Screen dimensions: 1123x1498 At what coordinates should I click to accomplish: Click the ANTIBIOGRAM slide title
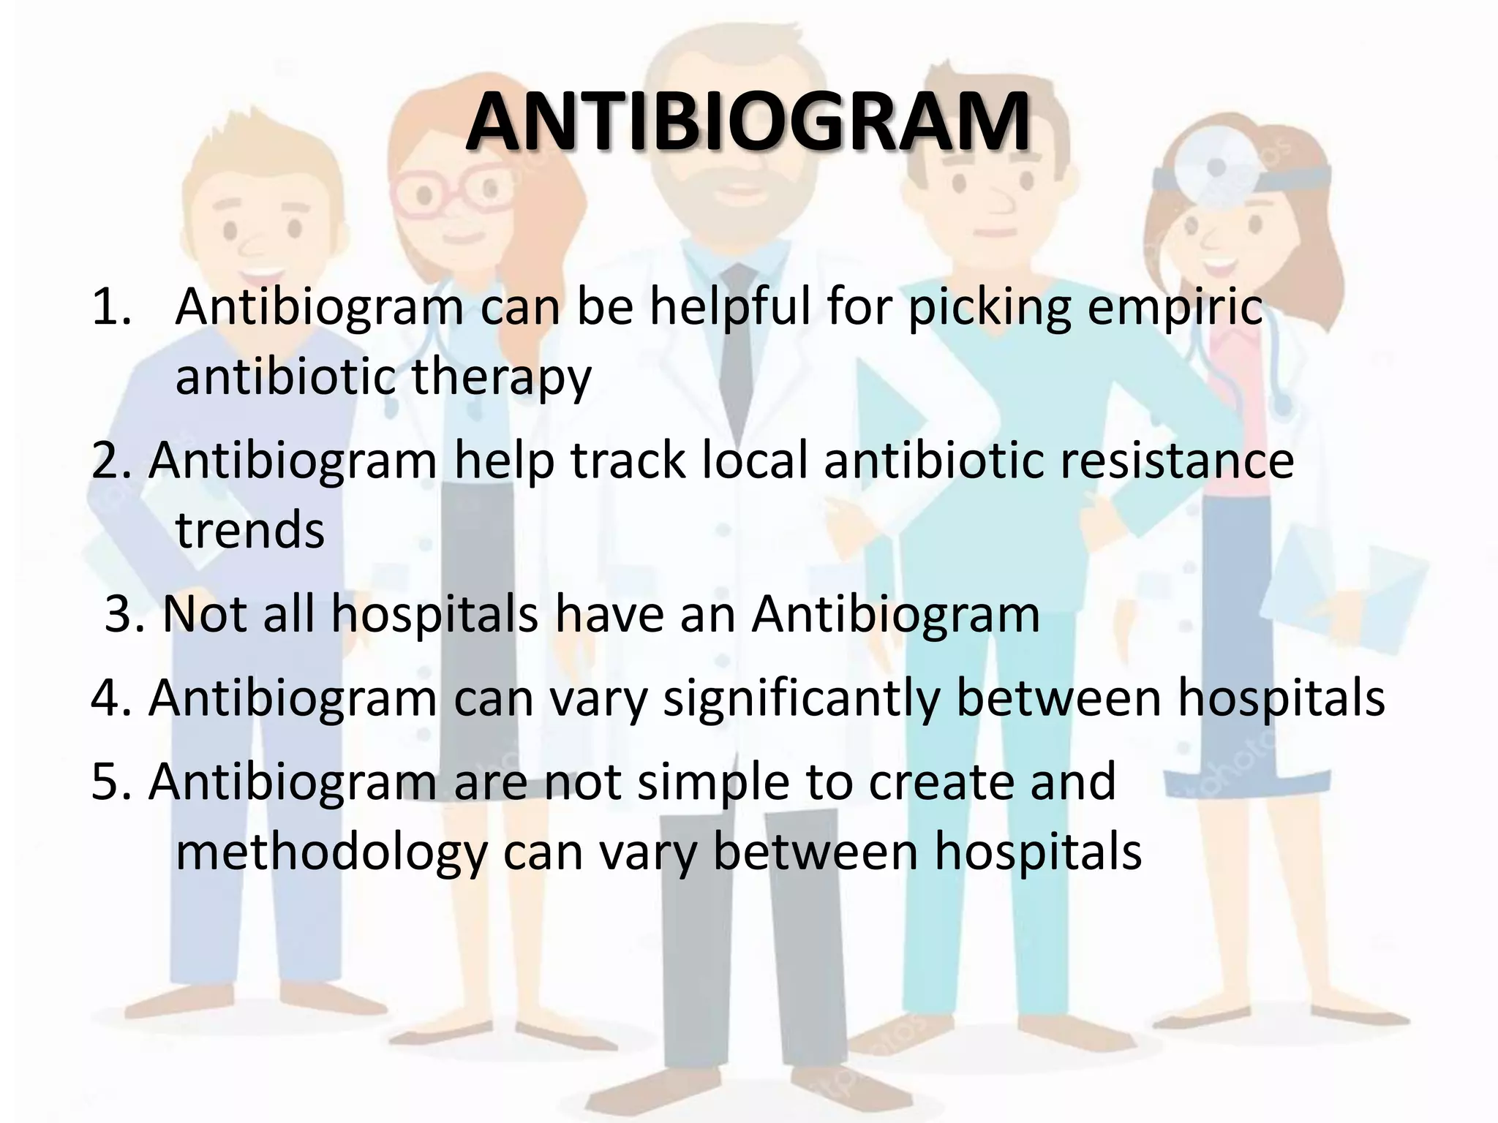click(x=748, y=123)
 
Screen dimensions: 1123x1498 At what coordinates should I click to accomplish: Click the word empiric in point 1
click(x=1175, y=307)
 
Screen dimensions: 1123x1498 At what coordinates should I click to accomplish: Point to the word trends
click(x=249, y=530)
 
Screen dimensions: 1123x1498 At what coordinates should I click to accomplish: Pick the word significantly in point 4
click(x=801, y=698)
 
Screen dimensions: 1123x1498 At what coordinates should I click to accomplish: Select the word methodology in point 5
click(x=331, y=852)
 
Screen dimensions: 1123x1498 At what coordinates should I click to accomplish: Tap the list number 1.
click(x=111, y=307)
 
